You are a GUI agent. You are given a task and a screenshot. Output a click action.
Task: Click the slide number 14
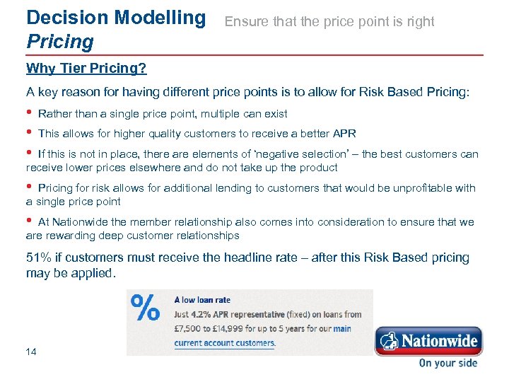click(31, 351)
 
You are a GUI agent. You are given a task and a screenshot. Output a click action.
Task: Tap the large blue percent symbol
click(146, 310)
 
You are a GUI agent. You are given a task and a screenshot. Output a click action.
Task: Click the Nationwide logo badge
click(428, 341)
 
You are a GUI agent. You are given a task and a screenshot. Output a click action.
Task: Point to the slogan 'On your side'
click(447, 364)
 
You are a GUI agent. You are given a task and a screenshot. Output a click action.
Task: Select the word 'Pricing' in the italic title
click(59, 42)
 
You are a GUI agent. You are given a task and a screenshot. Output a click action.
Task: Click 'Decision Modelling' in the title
click(115, 17)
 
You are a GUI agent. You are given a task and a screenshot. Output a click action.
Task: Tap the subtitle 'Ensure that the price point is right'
click(329, 22)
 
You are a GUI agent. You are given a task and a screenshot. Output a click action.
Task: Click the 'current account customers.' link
click(225, 343)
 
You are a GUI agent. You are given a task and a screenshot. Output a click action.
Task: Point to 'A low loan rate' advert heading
click(202, 300)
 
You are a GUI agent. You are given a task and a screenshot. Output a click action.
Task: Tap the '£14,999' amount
click(236, 328)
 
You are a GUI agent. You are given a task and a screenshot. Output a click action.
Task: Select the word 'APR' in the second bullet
click(344, 134)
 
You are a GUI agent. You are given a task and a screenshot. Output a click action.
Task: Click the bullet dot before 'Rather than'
click(29, 113)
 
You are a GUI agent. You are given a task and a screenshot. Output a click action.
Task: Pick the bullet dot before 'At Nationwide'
click(29, 221)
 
